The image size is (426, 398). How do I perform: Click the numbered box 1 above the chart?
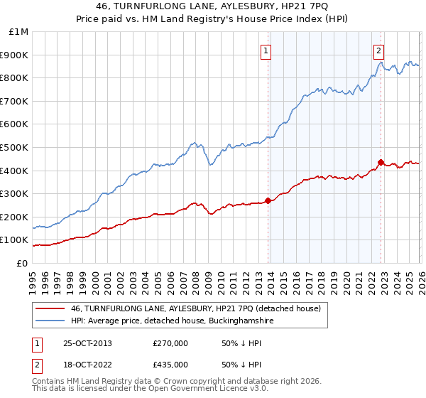pyautogui.click(x=266, y=50)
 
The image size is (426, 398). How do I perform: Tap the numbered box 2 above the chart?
pyautogui.click(x=378, y=50)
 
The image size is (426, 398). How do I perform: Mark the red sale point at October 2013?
pyautogui.click(x=268, y=200)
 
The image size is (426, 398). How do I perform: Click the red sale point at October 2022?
pyautogui.click(x=381, y=162)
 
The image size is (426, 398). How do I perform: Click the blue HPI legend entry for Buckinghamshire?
pyautogui.click(x=173, y=321)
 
